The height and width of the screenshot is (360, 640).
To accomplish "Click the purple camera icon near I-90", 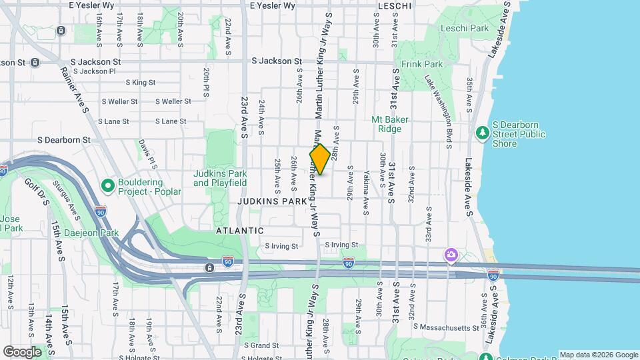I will [451, 255].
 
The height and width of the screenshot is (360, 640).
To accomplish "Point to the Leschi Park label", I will [465, 28].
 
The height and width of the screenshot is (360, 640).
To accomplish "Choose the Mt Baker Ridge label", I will [390, 124].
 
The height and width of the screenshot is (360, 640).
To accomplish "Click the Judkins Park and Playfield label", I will [220, 178].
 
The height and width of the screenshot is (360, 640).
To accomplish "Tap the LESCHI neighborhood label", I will [396, 5].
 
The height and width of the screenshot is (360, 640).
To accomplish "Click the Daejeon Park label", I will [91, 233].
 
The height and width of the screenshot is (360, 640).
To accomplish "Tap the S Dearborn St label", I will [63, 140].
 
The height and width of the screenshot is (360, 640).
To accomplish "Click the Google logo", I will [22, 351].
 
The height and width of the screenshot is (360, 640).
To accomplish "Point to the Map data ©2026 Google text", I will [598, 355].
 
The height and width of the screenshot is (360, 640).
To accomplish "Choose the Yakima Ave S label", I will [366, 192].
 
